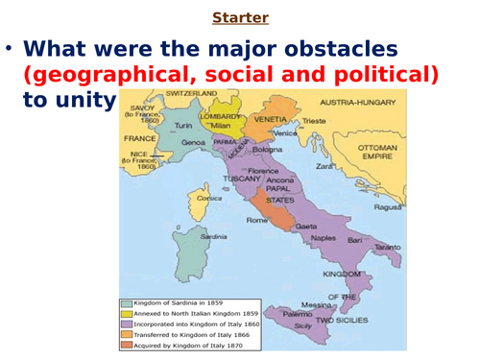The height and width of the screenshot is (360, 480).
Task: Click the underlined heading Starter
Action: pyautogui.click(x=240, y=15)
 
